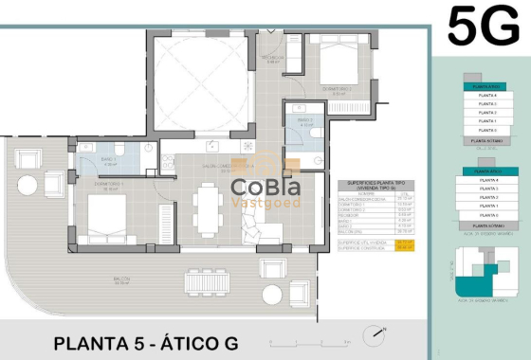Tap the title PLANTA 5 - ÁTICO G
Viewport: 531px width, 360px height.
[145, 342]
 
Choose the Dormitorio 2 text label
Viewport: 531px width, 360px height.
[337, 88]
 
